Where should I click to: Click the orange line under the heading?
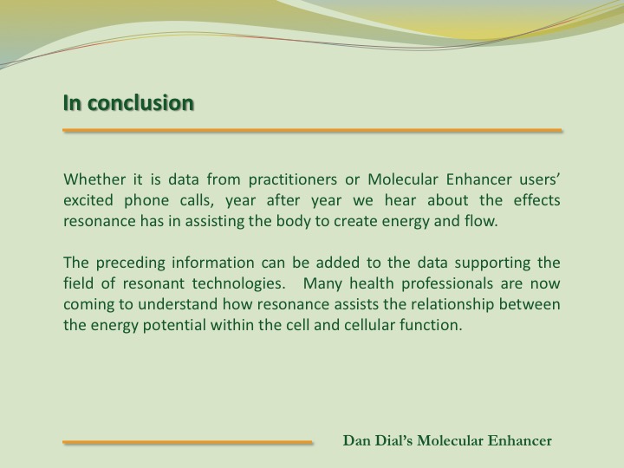(312, 130)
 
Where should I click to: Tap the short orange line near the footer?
(187, 442)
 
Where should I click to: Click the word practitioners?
(293, 180)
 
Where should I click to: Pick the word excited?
(88, 200)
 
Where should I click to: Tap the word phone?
(146, 201)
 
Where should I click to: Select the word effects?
(536, 200)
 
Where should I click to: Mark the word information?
(213, 263)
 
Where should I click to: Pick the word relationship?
(452, 305)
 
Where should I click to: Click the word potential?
(174, 326)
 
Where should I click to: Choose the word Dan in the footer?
(356, 440)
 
